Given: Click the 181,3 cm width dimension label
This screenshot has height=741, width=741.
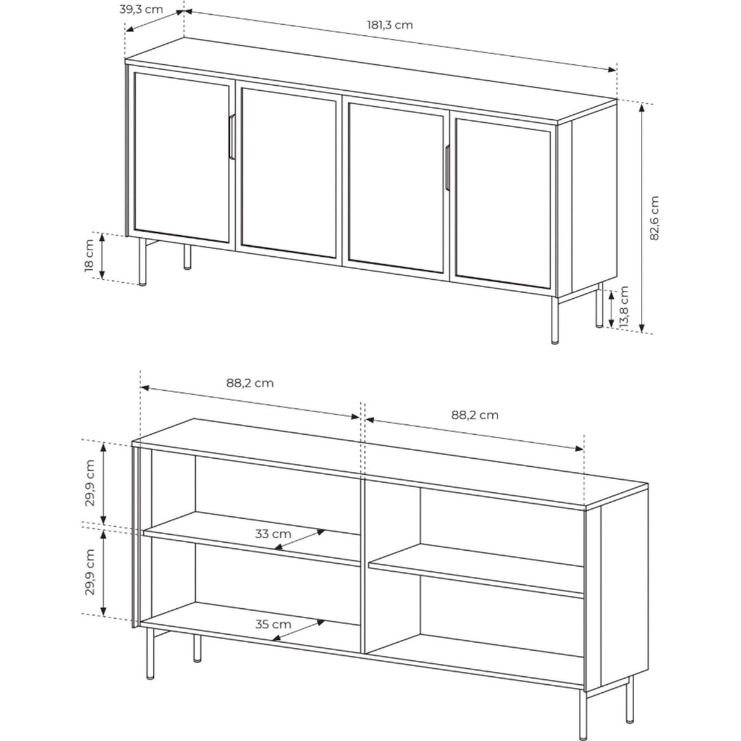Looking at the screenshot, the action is pos(390,25).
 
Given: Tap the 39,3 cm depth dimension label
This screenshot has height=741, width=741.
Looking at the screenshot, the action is pos(141,10).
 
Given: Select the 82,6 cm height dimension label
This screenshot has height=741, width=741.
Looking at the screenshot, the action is pos(654,218).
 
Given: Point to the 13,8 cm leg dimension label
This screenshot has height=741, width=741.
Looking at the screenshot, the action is pos(624,306).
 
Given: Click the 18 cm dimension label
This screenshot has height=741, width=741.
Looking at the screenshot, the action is pos(89,255).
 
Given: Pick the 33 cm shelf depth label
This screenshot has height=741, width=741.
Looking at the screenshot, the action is pos(273,534).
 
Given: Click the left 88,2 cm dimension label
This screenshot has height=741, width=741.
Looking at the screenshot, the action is pos(250,383).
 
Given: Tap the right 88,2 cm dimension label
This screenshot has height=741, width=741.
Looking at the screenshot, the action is pos(475,416).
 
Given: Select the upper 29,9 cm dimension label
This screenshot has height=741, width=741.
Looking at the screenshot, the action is pos(90,483).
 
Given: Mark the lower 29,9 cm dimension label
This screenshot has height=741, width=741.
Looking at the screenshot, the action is pos(90,572).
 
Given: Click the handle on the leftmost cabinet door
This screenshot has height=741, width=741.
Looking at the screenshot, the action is pos(232,136).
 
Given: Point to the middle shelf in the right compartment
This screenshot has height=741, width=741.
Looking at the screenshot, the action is pos(476,571).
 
